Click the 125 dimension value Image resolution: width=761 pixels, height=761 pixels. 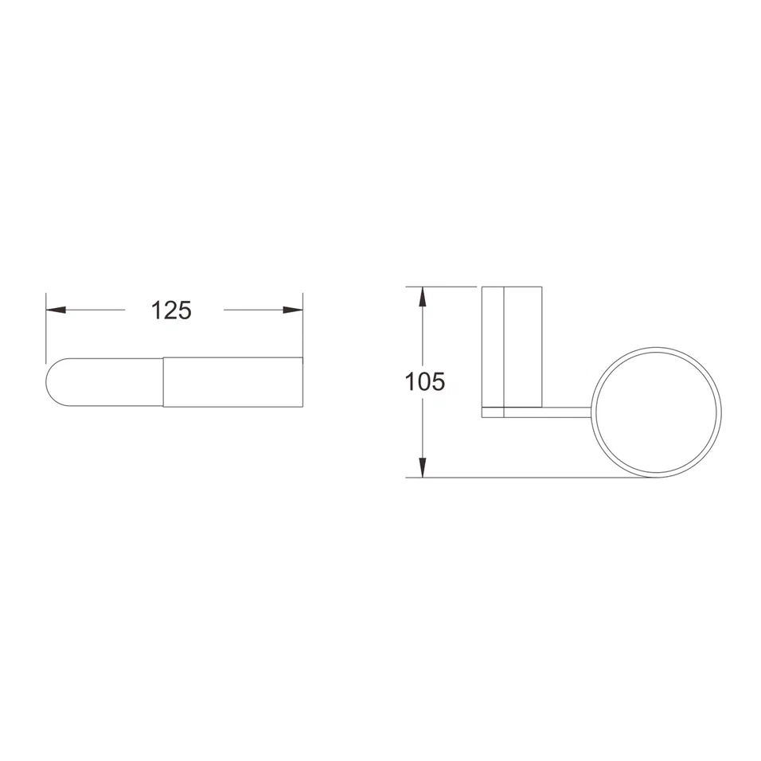pyautogui.click(x=171, y=310)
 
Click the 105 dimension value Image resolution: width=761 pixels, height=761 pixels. pyautogui.click(x=424, y=381)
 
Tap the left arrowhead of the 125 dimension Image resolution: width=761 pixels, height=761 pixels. pyautogui.click(x=56, y=310)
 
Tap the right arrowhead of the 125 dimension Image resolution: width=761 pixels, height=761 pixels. pyautogui.click(x=293, y=310)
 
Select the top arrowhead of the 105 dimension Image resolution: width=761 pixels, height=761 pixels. pyautogui.click(x=423, y=297)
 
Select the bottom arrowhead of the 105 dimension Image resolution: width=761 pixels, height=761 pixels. pyautogui.click(x=423, y=467)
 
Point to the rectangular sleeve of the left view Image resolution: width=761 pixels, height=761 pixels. pyautogui.click(x=233, y=382)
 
